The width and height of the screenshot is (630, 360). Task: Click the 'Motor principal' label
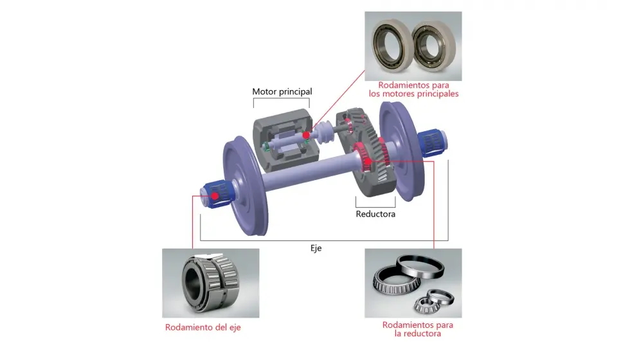(282, 91)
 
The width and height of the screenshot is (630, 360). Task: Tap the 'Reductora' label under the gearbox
(375, 214)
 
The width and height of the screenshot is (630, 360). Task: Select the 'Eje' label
(316, 248)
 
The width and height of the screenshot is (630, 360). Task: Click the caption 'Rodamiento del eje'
(203, 327)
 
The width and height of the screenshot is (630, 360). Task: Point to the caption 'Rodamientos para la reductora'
(417, 329)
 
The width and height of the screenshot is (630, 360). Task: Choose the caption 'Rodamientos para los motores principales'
(413, 89)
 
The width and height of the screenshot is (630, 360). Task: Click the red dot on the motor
(306, 136)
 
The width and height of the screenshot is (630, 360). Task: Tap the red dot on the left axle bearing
(215, 196)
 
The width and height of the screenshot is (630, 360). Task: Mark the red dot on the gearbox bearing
(368, 162)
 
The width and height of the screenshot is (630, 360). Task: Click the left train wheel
(244, 186)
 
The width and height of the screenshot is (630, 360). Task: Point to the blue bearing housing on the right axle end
(431, 142)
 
